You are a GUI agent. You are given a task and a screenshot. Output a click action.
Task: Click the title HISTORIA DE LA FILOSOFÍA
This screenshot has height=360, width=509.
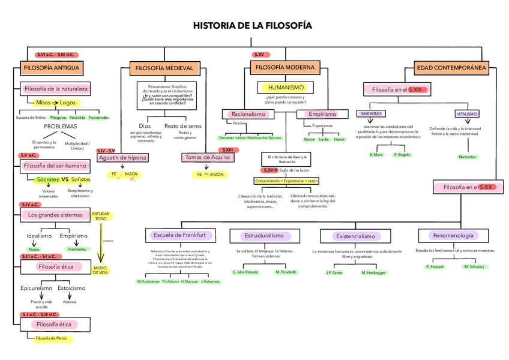(253, 26)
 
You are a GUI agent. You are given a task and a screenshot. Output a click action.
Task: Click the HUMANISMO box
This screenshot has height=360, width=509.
(286, 88)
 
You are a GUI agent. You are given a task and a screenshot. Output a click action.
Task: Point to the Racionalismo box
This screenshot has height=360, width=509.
(248, 114)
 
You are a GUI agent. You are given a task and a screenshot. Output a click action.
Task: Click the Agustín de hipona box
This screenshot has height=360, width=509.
(121, 158)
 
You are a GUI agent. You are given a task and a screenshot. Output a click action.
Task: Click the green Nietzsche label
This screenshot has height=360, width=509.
(467, 157)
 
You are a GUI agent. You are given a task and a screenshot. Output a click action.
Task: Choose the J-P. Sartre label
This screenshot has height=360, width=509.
(334, 272)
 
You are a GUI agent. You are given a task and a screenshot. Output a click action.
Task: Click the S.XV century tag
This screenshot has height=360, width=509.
(259, 55)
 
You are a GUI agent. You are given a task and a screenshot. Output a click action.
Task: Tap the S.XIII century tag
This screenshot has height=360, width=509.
(227, 149)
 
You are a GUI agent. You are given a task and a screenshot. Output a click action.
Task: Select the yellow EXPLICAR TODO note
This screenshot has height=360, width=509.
(101, 216)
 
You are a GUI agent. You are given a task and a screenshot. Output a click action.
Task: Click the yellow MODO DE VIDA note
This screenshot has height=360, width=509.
(100, 271)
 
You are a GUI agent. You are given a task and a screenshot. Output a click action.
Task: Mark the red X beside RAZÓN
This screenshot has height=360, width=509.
(131, 178)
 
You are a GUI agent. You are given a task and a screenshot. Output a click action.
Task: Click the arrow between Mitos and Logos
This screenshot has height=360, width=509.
(55, 103)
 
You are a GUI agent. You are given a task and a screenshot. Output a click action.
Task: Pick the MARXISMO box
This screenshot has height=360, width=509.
(372, 113)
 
